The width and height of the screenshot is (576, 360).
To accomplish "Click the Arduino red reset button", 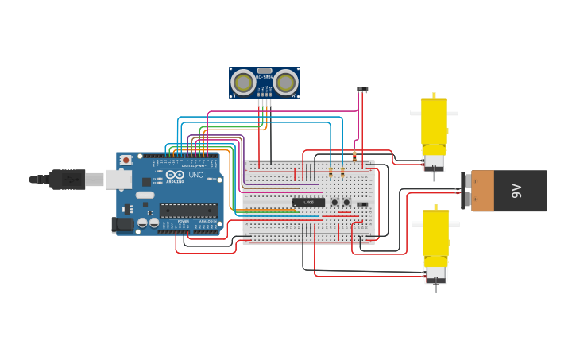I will (126, 160).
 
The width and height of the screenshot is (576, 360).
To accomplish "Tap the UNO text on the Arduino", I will (195, 175).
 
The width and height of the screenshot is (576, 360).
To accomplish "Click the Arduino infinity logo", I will (176, 175).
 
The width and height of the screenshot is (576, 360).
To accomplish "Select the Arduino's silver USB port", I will (118, 180).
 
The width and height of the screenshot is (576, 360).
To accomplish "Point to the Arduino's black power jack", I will (123, 224).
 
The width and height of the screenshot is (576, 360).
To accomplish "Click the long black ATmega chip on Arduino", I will (188, 211).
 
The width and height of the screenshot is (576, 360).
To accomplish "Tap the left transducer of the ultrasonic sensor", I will (243, 83).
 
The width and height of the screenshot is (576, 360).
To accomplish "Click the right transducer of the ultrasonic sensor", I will (285, 83).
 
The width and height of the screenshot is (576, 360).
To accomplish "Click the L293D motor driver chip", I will (308, 202).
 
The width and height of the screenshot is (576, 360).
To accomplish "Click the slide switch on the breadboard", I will (362, 204).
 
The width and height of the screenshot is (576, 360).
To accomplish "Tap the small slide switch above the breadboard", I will (362, 89).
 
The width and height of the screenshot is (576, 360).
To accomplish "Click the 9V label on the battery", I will (516, 191).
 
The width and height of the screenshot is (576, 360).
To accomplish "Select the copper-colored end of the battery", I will (481, 191).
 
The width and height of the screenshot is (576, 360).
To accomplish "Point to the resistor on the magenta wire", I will (354, 156).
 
